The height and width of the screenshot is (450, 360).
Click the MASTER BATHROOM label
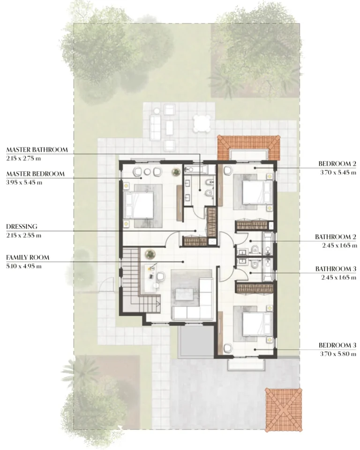click(37, 150)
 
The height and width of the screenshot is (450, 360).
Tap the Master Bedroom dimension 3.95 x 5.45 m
click(24, 182)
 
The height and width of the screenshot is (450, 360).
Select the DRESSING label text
click(22, 226)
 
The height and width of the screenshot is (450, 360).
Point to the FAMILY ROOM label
click(28, 257)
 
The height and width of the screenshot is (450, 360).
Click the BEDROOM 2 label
click(337, 164)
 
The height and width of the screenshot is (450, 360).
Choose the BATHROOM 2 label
click(336, 237)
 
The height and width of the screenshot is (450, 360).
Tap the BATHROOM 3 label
click(336, 269)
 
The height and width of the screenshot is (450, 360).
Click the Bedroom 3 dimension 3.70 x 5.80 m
click(338, 354)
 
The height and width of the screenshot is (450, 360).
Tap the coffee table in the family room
click(184, 294)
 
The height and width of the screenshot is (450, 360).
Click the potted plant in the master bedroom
click(176, 172)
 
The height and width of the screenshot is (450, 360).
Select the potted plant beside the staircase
click(150, 254)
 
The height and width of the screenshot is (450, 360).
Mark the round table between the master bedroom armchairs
click(147, 172)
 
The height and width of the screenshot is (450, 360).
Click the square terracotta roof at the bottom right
click(284, 410)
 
